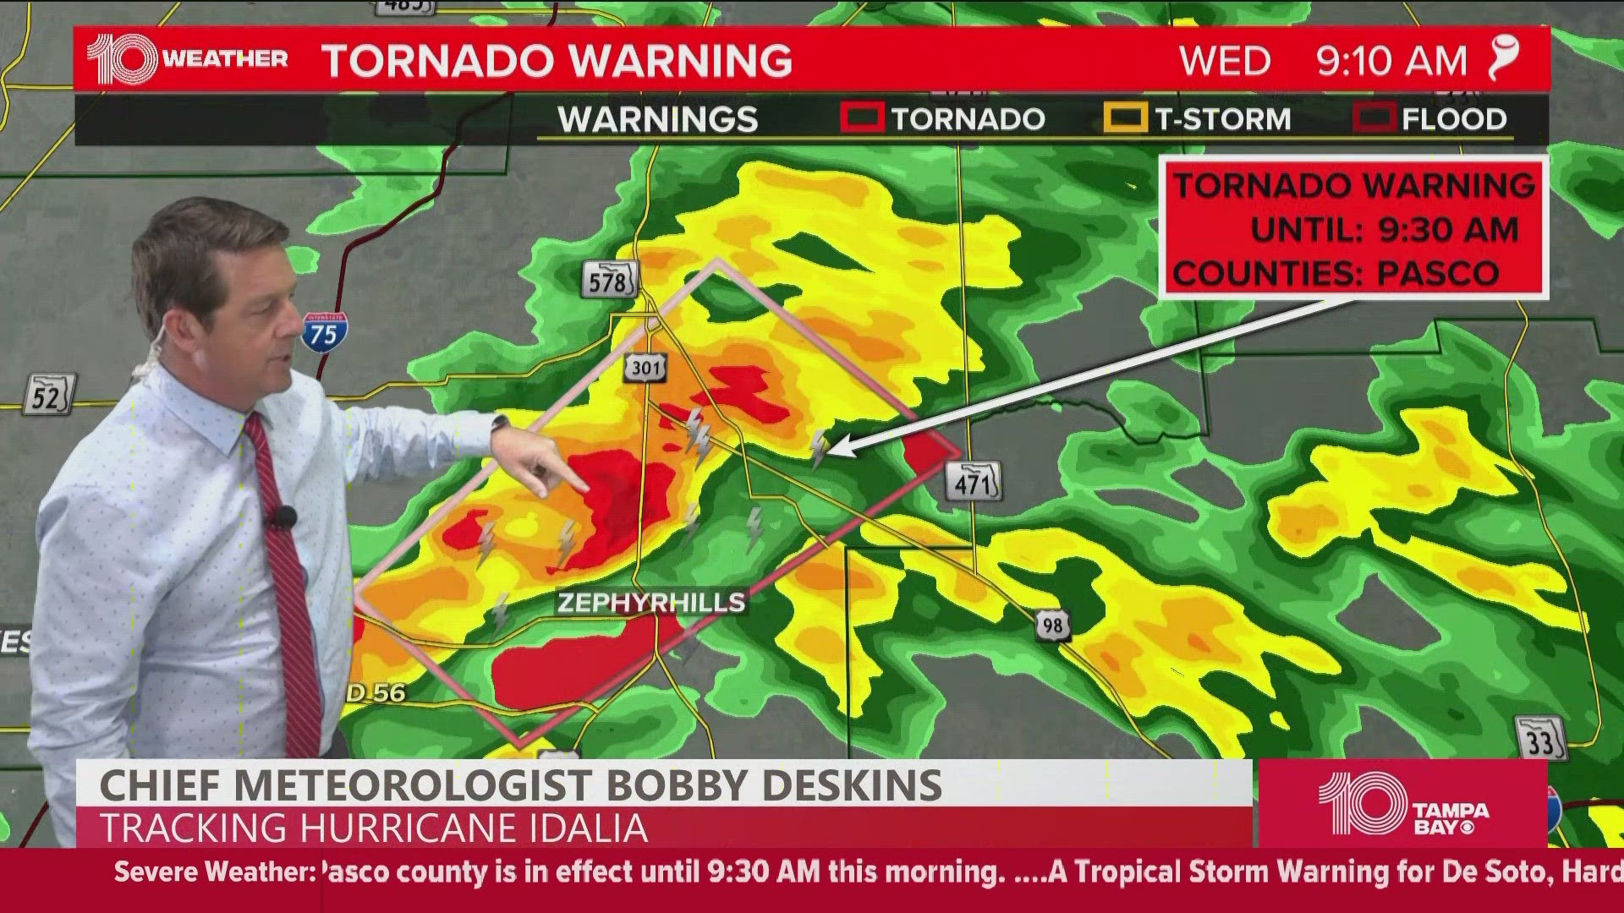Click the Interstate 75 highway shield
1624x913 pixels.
point(323,332)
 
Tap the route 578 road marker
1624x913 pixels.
point(608,280)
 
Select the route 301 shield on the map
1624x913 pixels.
point(646,368)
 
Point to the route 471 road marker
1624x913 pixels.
point(974,483)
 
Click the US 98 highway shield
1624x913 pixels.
point(1051,626)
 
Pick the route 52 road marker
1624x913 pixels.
point(48,395)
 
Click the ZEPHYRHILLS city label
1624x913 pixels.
point(651,603)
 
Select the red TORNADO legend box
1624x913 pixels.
point(862,118)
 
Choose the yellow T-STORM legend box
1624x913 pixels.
point(1125,118)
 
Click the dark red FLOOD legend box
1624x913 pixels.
point(1373,118)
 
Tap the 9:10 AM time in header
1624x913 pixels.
point(1391,61)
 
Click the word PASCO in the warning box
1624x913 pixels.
point(1438,273)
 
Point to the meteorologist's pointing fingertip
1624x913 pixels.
point(585,489)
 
